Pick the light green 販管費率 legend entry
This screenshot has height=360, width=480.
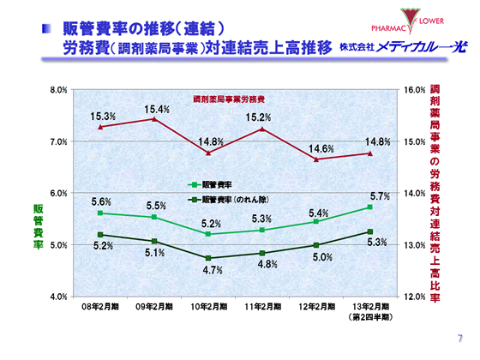pos(216,183)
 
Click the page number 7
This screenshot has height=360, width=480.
pos(459,338)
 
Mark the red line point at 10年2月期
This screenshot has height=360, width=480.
pos(208,153)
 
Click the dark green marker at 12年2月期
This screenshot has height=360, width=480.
pos(315,245)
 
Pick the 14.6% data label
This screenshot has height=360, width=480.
pos(321,149)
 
